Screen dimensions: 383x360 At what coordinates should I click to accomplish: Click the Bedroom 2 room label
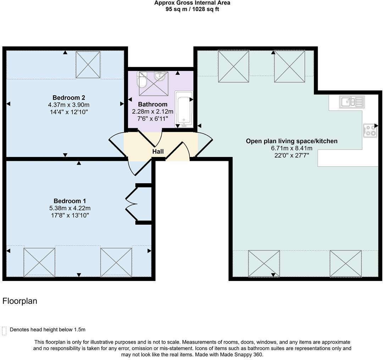point(69,98)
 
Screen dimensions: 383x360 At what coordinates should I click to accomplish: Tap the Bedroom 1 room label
point(70,201)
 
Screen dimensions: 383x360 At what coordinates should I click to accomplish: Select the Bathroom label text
point(152,104)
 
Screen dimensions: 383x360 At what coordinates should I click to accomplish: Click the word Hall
point(158,152)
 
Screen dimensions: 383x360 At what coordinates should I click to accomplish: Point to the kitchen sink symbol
point(352,102)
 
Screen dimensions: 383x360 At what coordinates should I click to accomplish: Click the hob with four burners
point(370,130)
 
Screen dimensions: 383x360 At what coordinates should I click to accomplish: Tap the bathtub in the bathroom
point(184,109)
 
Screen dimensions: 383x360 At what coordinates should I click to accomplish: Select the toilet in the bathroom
point(142,79)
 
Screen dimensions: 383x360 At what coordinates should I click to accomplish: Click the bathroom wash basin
point(160,76)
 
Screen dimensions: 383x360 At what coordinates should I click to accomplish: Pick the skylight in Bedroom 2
point(88,65)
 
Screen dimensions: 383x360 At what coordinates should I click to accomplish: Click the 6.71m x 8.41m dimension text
point(292,148)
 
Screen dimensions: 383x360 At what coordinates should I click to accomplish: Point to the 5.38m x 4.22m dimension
point(70,208)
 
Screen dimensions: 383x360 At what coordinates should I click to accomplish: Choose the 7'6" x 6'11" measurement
point(152,119)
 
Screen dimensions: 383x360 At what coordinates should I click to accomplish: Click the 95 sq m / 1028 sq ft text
point(192,10)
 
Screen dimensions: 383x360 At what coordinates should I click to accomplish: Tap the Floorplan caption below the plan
point(20,301)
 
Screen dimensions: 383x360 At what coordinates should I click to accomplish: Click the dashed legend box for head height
point(4,331)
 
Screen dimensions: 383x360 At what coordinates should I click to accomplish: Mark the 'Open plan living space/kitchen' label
point(292,141)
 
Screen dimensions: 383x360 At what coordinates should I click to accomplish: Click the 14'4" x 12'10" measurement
point(69,112)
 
